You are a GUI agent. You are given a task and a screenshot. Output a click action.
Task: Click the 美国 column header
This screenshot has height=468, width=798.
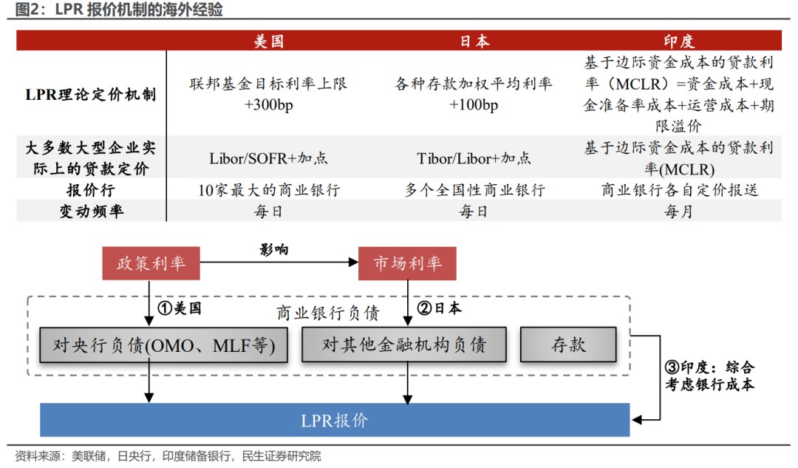tap(269, 41)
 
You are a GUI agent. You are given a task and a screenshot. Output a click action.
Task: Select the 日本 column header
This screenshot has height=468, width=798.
tap(474, 41)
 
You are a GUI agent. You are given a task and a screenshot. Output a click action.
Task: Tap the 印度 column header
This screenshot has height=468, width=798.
tap(679, 41)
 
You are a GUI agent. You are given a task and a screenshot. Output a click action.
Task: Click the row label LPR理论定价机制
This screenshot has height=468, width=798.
tap(91, 94)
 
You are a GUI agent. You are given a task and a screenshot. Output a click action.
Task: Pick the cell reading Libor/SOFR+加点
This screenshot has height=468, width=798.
tap(268, 158)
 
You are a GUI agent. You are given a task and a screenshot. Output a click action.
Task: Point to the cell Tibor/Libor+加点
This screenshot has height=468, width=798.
tap(474, 158)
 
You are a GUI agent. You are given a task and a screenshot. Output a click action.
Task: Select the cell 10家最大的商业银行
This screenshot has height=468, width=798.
tap(269, 190)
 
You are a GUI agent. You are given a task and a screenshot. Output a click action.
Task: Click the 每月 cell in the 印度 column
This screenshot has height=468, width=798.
tap(679, 211)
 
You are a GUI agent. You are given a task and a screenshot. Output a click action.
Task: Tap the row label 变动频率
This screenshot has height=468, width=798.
tap(91, 211)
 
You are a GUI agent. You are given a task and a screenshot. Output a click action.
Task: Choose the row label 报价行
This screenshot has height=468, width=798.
tap(91, 190)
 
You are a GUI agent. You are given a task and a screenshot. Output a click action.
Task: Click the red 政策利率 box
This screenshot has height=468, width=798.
tap(151, 263)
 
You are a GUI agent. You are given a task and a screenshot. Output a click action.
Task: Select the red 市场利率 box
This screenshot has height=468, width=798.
tap(407, 263)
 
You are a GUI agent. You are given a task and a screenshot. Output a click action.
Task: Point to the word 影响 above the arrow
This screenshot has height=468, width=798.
tap(274, 250)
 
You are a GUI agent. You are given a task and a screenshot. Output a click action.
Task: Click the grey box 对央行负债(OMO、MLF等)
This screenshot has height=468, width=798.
tap(163, 345)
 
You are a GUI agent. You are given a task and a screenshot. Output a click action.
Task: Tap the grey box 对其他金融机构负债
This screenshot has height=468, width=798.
tap(404, 345)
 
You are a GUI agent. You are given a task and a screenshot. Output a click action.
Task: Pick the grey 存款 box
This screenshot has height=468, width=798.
tap(568, 345)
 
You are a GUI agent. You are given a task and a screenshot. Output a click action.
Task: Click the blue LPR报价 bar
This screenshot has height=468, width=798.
tap(335, 420)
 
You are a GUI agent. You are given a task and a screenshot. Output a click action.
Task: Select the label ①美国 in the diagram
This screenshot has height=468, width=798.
tap(180, 308)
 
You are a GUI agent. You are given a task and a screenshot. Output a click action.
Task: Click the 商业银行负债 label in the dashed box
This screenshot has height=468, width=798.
tap(328, 313)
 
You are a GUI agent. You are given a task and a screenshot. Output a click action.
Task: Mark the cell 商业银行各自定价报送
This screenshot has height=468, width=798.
tap(680, 190)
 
